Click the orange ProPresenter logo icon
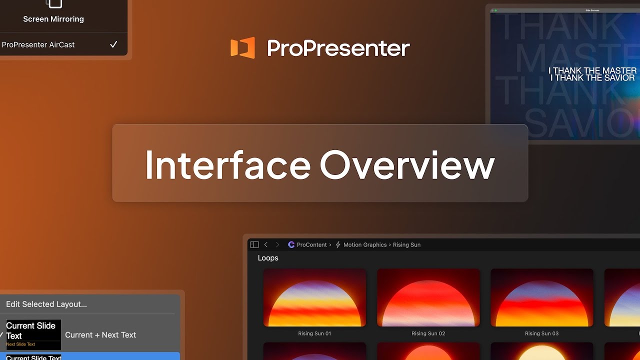tap(242, 48)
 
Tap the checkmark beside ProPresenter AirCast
tap(113, 44)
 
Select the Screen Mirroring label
tap(53, 19)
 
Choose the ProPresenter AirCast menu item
tap(38, 44)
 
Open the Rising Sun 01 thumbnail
tap(314, 298)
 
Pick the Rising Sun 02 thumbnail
tap(428, 298)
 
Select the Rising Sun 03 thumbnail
tap(541, 298)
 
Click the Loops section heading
tap(268, 258)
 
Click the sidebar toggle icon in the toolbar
tap(254, 244)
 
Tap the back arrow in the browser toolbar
tap(266, 244)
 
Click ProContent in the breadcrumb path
tap(311, 244)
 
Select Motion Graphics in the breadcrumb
tap(364, 244)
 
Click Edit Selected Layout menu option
tap(46, 304)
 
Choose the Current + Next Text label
tap(100, 335)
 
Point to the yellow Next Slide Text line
tap(21, 344)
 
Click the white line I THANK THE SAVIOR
tap(592, 78)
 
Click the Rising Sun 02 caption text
tap(428, 333)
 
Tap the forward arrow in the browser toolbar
tap(277, 244)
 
